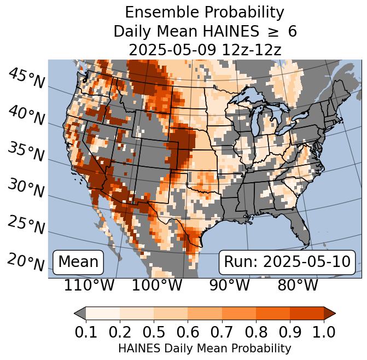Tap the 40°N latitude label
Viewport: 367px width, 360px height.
point(27,115)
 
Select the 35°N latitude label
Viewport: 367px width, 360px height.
point(27,152)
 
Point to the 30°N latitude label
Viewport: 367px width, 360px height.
point(27,189)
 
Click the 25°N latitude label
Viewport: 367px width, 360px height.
point(27,225)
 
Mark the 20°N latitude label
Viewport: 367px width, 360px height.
point(27,262)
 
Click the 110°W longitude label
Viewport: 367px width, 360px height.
point(90,286)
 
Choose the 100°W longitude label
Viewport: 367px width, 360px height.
point(157,286)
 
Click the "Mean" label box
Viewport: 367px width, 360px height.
point(78,262)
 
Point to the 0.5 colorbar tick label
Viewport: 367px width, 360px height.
point(154,332)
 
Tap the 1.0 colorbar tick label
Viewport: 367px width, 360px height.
point(323,332)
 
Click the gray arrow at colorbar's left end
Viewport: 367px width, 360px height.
point(80,313)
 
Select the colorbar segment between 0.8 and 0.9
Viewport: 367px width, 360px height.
point(272,313)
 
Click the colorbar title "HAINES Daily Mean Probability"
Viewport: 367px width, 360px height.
point(205,348)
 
